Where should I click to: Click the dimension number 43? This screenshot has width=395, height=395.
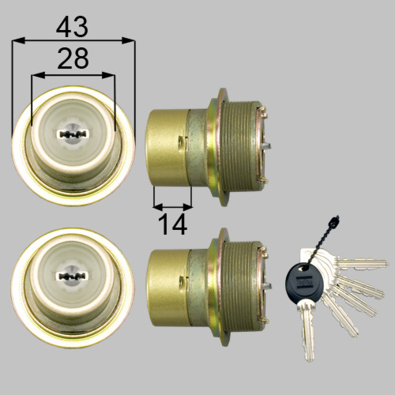click(x=72, y=28)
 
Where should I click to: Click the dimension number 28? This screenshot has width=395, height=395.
click(x=73, y=58)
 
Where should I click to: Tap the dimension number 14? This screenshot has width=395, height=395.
click(x=172, y=224)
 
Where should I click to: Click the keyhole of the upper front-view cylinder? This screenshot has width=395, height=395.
click(x=72, y=134)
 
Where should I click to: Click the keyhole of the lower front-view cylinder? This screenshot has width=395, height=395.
click(x=71, y=276)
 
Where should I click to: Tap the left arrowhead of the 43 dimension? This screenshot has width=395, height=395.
click(x=18, y=40)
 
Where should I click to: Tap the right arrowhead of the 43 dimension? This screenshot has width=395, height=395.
click(x=128, y=40)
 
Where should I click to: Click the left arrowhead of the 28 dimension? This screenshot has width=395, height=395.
click(x=38, y=76)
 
